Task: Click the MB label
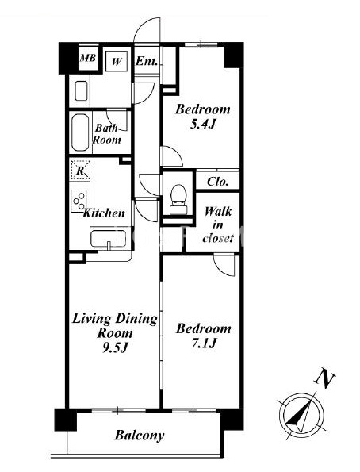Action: click(x=88, y=57)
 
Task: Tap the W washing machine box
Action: click(x=117, y=61)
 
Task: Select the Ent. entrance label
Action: click(x=147, y=61)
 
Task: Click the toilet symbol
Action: click(x=178, y=199)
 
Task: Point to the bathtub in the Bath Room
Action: click(x=80, y=132)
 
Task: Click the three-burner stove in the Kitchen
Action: click(x=79, y=201)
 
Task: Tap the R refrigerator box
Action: click(x=80, y=170)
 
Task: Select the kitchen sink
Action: click(x=109, y=240)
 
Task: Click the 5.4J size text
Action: click(x=202, y=124)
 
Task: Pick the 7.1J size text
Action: click(x=204, y=343)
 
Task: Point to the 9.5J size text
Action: click(x=116, y=348)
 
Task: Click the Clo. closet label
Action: click(x=217, y=182)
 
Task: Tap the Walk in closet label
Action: click(x=218, y=224)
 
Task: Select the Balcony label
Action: click(x=140, y=436)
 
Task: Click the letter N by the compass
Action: click(x=324, y=376)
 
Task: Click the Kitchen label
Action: click(x=104, y=213)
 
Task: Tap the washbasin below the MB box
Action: click(x=81, y=90)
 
